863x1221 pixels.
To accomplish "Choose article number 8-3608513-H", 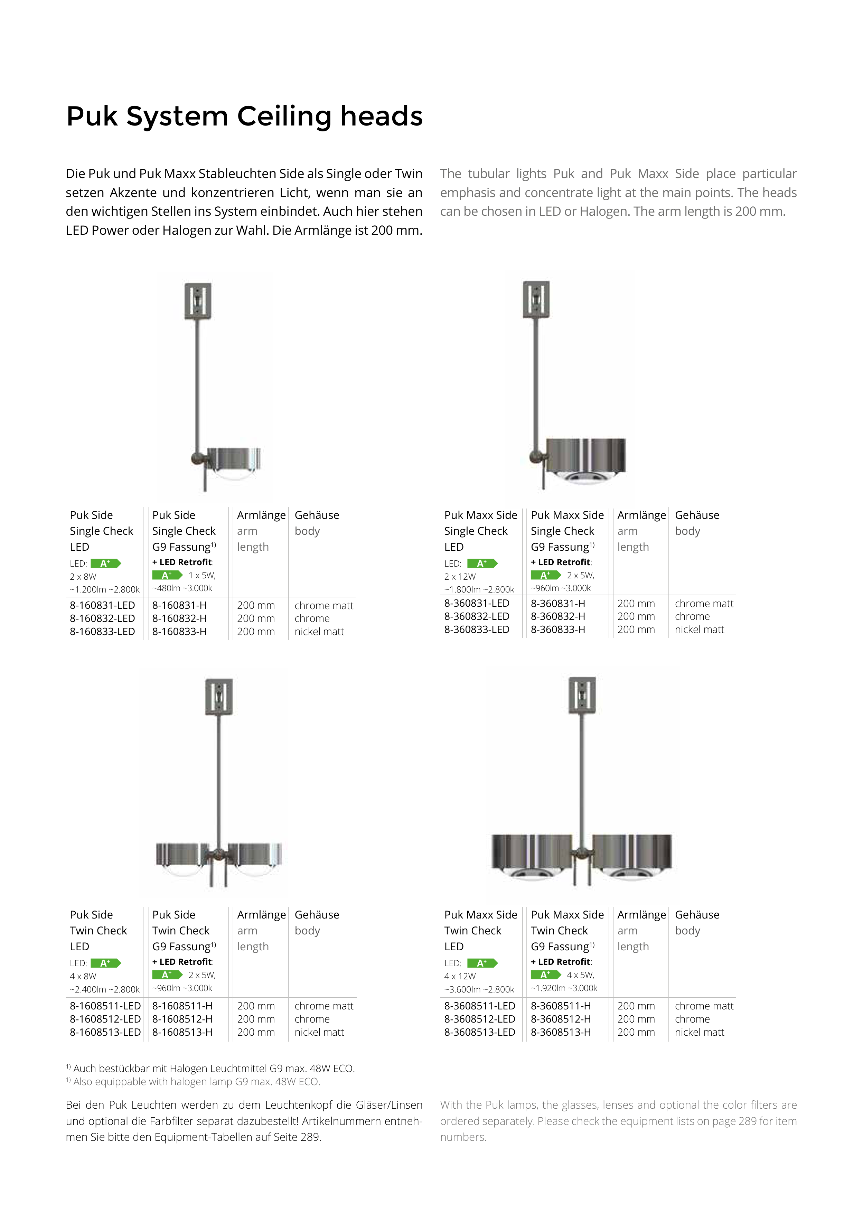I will point(561,1032).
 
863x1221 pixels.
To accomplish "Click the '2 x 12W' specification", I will point(460,577).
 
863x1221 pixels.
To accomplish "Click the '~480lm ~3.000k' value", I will point(182,588).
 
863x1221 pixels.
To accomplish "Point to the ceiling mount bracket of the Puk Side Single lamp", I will point(198,301).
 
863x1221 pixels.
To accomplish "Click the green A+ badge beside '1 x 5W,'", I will point(167,575).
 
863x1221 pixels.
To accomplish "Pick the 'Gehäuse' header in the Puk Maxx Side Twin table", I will point(696,915).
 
